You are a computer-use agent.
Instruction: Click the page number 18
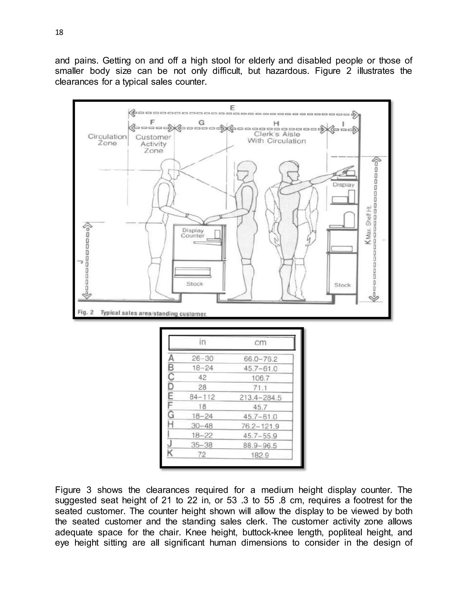pos(59,33)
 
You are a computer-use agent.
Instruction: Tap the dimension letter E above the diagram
pos(232,108)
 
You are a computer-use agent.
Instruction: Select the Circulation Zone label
pos(107,140)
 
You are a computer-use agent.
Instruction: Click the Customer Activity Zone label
pos(153,144)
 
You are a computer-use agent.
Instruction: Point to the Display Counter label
pos(193,233)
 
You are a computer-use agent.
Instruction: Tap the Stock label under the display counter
pos(195,284)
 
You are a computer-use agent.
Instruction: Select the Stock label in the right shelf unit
pos(342,285)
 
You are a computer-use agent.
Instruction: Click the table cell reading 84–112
pos(202,397)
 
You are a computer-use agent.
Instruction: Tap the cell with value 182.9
pos(260,455)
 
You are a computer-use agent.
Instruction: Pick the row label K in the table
pos(170,454)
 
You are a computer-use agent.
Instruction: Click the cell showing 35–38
pos(202,445)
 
